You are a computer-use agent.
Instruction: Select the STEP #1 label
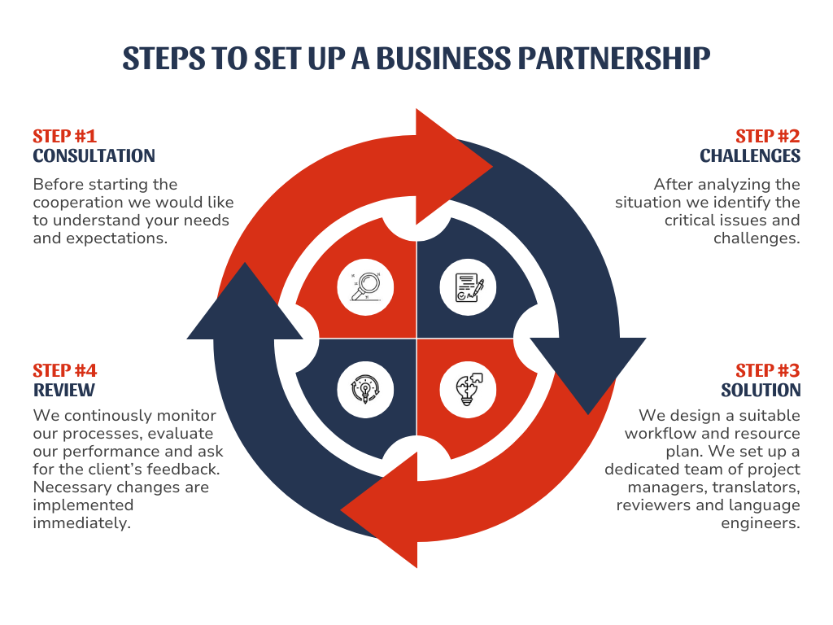64,136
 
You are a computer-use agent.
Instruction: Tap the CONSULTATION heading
94,155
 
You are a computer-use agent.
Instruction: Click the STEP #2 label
768,136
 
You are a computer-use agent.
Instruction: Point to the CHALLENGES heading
750,155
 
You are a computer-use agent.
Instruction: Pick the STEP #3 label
768,371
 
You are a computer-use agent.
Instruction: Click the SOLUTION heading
761,391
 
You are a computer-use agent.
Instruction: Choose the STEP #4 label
64,371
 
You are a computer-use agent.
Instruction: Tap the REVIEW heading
63,391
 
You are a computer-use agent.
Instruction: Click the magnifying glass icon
365,286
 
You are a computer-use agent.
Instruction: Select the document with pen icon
469,286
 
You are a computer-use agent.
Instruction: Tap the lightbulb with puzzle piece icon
469,389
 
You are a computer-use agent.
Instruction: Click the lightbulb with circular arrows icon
365,389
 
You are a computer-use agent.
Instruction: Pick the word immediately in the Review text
81,522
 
